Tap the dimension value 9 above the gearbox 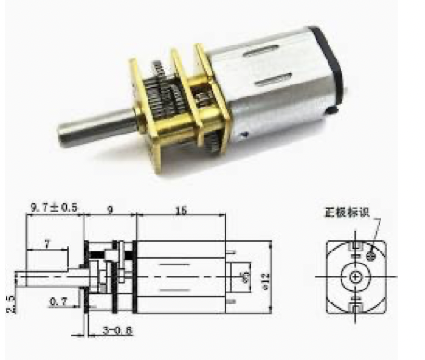pyautogui.click(x=110, y=212)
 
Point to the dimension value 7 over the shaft pyautogui.click(x=48, y=243)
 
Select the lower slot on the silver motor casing pyautogui.click(x=278, y=82)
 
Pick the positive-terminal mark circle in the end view pyautogui.click(x=372, y=250)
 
